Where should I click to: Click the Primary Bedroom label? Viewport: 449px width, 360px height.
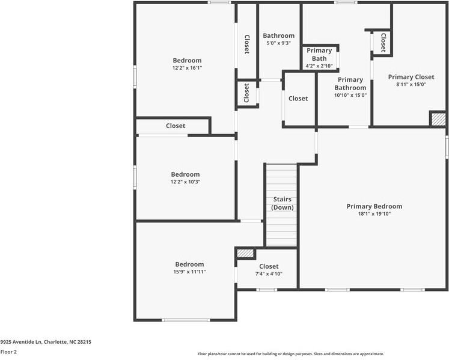coord(374,206)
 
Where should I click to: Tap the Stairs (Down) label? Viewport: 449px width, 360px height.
coord(282,203)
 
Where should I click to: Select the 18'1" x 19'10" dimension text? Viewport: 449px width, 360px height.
coord(374,214)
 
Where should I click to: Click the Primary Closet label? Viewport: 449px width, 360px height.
coord(411,77)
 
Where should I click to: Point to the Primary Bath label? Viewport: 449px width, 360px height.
coord(319,55)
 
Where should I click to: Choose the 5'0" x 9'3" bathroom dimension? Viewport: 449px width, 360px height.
coord(278,43)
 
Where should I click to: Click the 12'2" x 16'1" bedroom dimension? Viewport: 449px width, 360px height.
coord(187,69)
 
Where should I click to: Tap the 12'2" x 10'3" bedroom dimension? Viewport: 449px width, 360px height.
coord(185,182)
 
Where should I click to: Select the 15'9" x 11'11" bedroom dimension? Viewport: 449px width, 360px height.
coord(189,272)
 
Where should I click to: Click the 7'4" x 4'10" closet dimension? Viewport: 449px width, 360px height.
coord(269,274)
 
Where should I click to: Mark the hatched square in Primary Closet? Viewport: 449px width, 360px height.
coord(438,118)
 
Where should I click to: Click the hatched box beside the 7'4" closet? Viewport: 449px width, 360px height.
coord(245,254)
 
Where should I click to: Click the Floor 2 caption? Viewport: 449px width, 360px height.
coord(8,352)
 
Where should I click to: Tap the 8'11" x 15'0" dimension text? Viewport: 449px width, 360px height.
coord(411,85)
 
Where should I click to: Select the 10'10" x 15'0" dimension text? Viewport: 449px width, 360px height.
coord(350,95)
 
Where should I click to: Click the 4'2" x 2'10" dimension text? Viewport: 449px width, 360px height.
coord(319,66)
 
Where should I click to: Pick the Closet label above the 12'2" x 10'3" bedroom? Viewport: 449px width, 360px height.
coord(176,126)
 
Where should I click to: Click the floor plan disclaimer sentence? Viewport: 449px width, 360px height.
coord(290,354)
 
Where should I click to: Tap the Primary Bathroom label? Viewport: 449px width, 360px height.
coord(350,84)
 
